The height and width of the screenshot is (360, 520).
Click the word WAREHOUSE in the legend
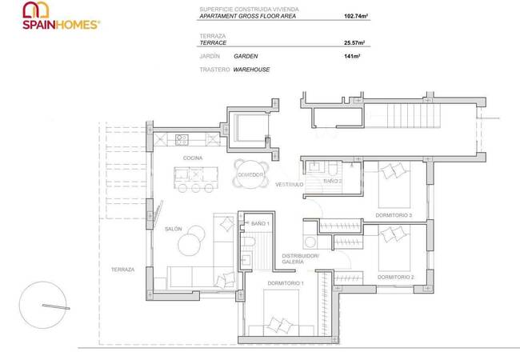(251, 70)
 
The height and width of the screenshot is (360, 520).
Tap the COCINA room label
(192, 158)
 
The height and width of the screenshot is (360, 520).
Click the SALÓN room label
(174, 229)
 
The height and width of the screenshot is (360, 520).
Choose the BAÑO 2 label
(333, 182)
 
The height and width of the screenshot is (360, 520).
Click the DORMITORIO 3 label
(394, 215)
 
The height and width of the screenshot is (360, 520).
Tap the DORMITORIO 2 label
(395, 277)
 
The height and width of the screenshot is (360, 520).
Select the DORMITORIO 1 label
(286, 283)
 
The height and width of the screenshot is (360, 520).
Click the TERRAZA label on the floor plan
(122, 270)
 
